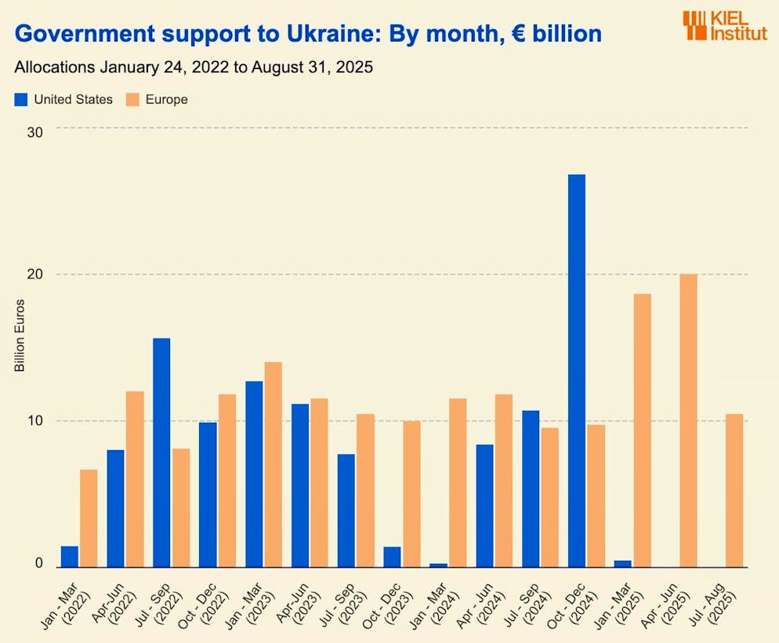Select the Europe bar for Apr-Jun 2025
[688, 420]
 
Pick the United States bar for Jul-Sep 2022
[161, 452]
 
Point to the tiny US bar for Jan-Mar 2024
[438, 565]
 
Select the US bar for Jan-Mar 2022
[69, 556]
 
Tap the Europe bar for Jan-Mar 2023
[273, 464]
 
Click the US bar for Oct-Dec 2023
[392, 557]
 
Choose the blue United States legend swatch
[21, 100]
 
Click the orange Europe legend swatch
[132, 100]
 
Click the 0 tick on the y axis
[38, 563]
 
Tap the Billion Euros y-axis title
[20, 336]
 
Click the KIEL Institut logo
[723, 26]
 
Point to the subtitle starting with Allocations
[193, 67]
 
